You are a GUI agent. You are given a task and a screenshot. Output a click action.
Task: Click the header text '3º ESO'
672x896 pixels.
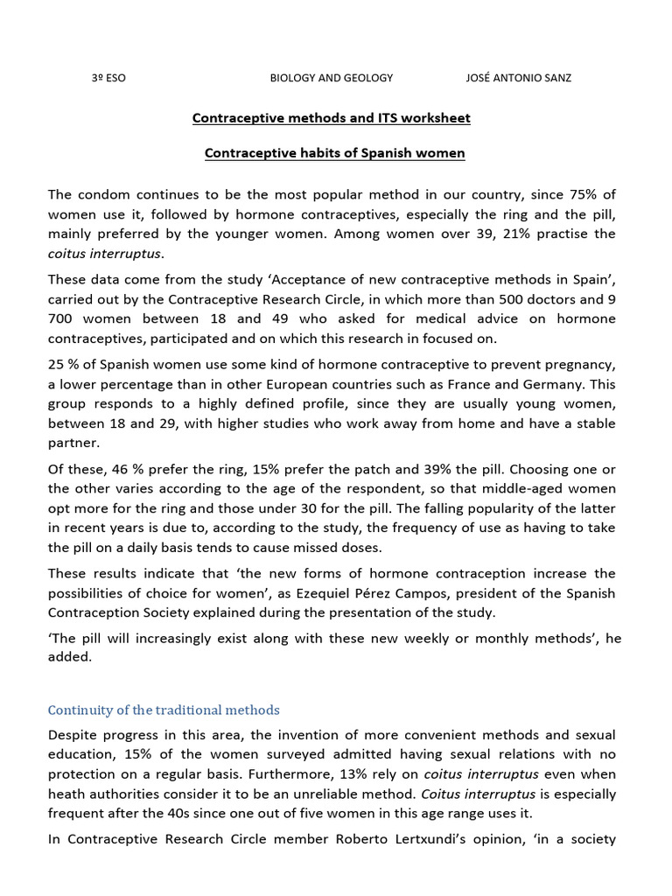108,78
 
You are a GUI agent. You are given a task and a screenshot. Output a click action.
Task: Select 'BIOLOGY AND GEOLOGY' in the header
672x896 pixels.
331,78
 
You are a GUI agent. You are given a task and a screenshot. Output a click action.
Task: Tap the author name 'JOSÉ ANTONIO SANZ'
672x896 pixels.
518,78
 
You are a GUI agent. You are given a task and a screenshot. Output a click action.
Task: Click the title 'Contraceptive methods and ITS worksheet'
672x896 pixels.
331,117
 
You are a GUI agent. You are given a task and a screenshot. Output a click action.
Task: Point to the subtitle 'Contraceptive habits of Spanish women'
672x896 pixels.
334,153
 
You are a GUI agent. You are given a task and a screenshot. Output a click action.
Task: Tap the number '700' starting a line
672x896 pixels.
63,318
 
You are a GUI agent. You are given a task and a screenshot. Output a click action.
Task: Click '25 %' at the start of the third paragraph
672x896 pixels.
63,363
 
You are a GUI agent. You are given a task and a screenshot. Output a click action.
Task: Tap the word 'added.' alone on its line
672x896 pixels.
69,657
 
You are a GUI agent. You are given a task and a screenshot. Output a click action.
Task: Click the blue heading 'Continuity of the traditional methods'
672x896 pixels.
164,710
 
